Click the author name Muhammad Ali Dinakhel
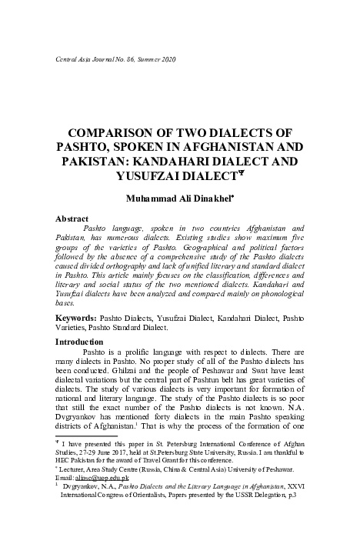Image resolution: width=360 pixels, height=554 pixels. [x=178, y=200]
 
